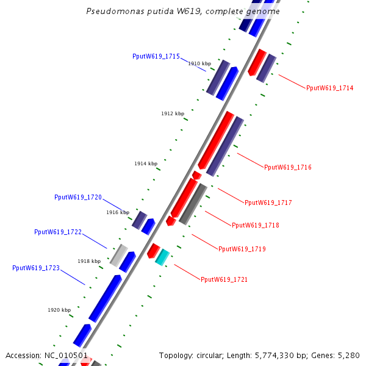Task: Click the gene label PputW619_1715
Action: point(156,56)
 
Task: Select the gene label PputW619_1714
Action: point(329,88)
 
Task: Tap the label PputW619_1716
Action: point(287,167)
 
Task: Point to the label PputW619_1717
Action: point(268,203)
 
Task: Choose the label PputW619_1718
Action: point(255,225)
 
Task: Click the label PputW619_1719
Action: point(242,249)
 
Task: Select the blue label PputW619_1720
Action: point(77,197)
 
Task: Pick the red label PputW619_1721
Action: point(224,279)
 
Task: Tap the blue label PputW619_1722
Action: point(57,232)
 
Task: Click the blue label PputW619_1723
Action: point(35,268)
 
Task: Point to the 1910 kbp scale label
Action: point(199,63)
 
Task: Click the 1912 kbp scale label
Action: point(172,113)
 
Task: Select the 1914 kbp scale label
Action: point(145,163)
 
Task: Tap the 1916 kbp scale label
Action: point(117,212)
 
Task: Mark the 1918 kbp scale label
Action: point(88,261)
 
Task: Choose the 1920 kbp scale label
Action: point(59,310)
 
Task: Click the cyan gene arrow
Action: point(162,256)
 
